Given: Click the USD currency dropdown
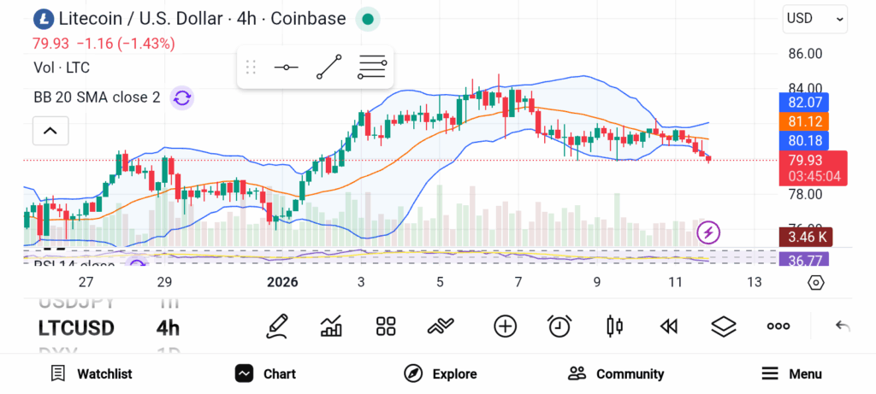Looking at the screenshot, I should click(814, 19).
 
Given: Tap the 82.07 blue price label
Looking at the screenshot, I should click(804, 103).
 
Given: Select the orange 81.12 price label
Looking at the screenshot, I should click(804, 121).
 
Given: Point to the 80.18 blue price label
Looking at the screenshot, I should click(804, 140).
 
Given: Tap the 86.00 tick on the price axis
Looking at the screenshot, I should click(804, 53).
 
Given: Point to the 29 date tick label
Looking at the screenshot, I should click(164, 282).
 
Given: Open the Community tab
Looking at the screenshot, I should click(616, 373).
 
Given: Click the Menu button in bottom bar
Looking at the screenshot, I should click(791, 373).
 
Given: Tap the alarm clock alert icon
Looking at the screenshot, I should click(559, 326).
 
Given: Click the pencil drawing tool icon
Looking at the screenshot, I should click(276, 326).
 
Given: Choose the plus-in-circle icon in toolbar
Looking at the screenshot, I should click(506, 326).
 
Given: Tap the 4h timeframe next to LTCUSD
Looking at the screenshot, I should click(168, 328).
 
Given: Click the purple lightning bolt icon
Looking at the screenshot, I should click(709, 232).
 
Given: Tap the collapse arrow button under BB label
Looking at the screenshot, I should click(50, 131).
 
